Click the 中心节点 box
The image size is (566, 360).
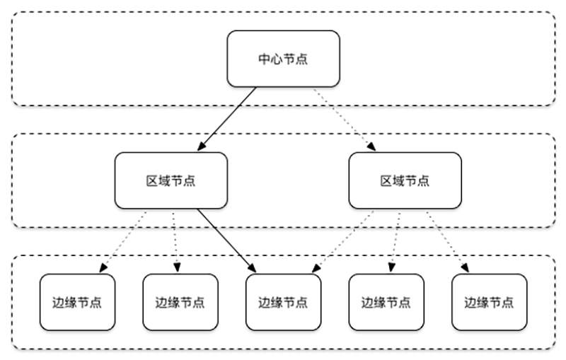[282, 59]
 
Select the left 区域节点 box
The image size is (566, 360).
[171, 180]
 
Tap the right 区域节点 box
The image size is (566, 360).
[405, 180]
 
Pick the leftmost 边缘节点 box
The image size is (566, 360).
[77, 302]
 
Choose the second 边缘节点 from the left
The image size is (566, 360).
[180, 302]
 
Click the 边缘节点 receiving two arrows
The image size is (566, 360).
[282, 302]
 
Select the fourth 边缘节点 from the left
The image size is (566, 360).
[386, 302]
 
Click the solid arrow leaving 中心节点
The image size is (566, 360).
[228, 119]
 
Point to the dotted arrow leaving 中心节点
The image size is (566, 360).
[343, 119]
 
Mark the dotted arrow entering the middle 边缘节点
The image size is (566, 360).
[340, 241]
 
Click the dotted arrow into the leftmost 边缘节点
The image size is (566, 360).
[123, 241]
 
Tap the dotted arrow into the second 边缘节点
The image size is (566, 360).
[174, 241]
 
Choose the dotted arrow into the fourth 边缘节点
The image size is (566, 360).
[394, 241]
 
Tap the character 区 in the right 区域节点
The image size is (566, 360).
[386, 180]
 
